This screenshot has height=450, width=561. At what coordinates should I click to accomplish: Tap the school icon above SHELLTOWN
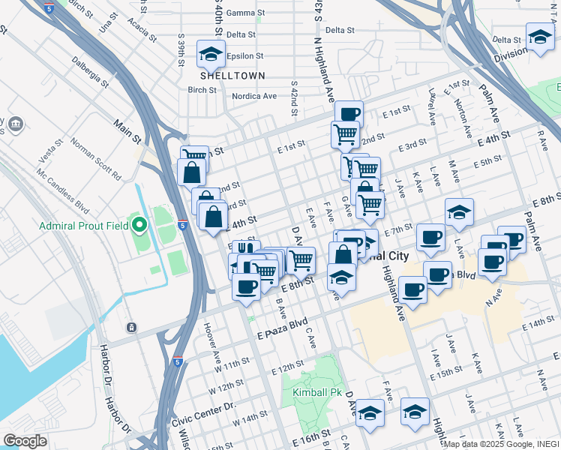pos(211,53)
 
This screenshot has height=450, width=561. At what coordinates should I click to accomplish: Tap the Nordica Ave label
pos(254,96)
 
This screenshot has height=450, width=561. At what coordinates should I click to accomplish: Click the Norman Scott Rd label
pos(95,159)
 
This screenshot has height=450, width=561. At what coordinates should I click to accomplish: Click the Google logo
pos(25,441)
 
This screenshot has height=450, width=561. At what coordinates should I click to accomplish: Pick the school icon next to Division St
pos(539,37)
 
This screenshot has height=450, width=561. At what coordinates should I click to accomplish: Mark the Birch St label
pos(202,90)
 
